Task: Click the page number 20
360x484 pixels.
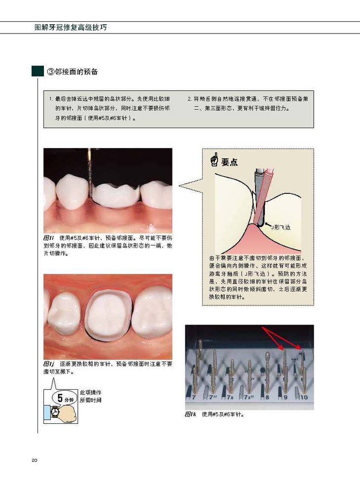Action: click(x=34, y=460)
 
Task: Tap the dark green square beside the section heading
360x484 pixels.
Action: click(x=37, y=72)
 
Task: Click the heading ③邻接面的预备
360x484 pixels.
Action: click(x=72, y=72)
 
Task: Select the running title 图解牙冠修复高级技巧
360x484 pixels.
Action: click(x=71, y=28)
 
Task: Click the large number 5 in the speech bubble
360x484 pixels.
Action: click(x=60, y=398)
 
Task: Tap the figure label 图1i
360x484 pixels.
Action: click(x=49, y=238)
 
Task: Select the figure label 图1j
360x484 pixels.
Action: click(x=49, y=364)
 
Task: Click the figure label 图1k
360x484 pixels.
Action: click(x=191, y=414)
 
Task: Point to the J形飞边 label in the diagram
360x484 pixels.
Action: click(x=281, y=227)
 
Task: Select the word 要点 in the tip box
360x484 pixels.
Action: click(x=229, y=162)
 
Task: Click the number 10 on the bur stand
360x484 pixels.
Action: click(x=304, y=397)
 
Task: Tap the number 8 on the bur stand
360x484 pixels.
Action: click(x=267, y=397)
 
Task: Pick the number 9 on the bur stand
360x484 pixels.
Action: click(x=286, y=397)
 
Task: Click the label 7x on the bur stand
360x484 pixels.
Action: click(x=230, y=397)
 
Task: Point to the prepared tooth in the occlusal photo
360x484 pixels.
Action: click(x=108, y=316)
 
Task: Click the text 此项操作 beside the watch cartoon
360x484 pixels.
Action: click(x=91, y=392)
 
